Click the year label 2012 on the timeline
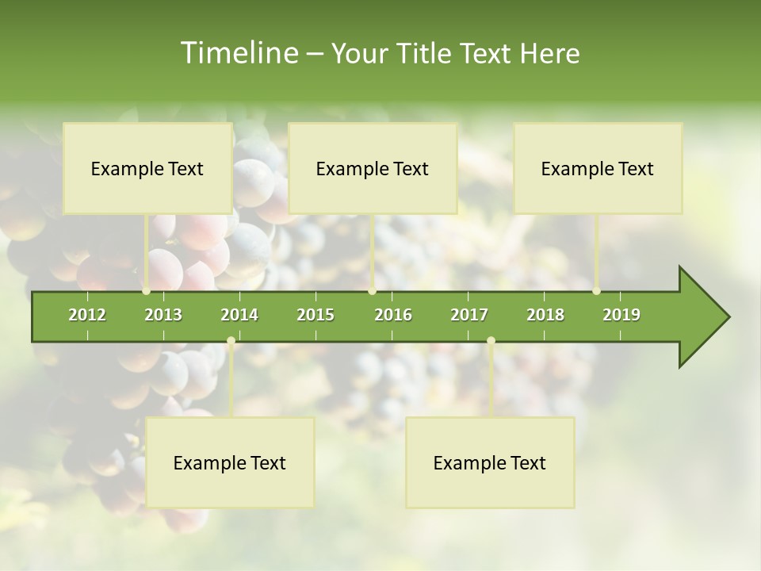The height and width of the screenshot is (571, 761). tap(87, 315)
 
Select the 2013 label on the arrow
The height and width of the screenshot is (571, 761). tap(163, 315)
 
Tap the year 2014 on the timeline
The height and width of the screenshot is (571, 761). tap(239, 315)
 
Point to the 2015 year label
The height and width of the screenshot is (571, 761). tap(315, 315)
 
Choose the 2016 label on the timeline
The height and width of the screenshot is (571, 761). tap(393, 315)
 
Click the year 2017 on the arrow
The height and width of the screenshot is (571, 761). tap(469, 315)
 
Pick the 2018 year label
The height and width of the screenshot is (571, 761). tap(545, 315)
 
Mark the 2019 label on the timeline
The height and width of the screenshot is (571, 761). tap(621, 315)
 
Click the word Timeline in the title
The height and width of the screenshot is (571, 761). tap(238, 53)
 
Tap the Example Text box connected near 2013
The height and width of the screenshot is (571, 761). tap(147, 168)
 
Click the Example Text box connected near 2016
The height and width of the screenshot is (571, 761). tap(373, 168)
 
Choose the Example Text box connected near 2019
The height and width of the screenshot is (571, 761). tap(598, 168)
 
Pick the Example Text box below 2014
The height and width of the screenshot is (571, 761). tap(230, 462)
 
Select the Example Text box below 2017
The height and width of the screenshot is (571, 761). tap(490, 462)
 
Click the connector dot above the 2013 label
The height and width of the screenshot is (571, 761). tap(147, 291)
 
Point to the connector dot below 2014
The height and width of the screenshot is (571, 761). tap(231, 341)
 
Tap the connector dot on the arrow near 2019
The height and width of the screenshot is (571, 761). tap(597, 291)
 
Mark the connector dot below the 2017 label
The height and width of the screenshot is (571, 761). tap(491, 341)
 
